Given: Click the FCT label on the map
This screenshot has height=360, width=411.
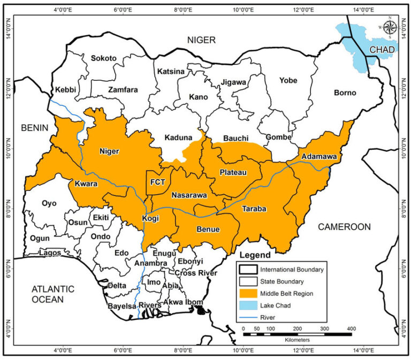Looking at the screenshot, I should pyautogui.click(x=157, y=182).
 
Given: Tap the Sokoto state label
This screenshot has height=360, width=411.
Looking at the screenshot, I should pyautogui.click(x=103, y=58).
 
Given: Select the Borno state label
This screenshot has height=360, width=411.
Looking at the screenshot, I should pyautogui.click(x=345, y=93).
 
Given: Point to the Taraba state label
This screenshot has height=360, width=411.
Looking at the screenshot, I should pyautogui.click(x=254, y=208).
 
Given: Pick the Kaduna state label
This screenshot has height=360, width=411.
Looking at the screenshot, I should pyautogui.click(x=178, y=137).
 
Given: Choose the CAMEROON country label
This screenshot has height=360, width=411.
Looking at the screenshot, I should pyautogui.click(x=344, y=227).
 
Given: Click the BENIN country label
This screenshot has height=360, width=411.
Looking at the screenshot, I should pyautogui.click(x=35, y=127).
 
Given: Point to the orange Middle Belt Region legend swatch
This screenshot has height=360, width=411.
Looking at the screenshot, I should pyautogui.click(x=248, y=293).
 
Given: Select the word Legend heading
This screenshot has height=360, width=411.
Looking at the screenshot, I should pyautogui.click(x=254, y=255).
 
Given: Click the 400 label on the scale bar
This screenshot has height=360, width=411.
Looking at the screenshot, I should pyautogui.click(x=352, y=328).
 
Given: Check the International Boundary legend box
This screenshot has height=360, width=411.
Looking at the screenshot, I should pyautogui.click(x=248, y=270).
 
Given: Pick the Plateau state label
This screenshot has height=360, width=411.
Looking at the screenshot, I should pyautogui.click(x=233, y=172).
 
